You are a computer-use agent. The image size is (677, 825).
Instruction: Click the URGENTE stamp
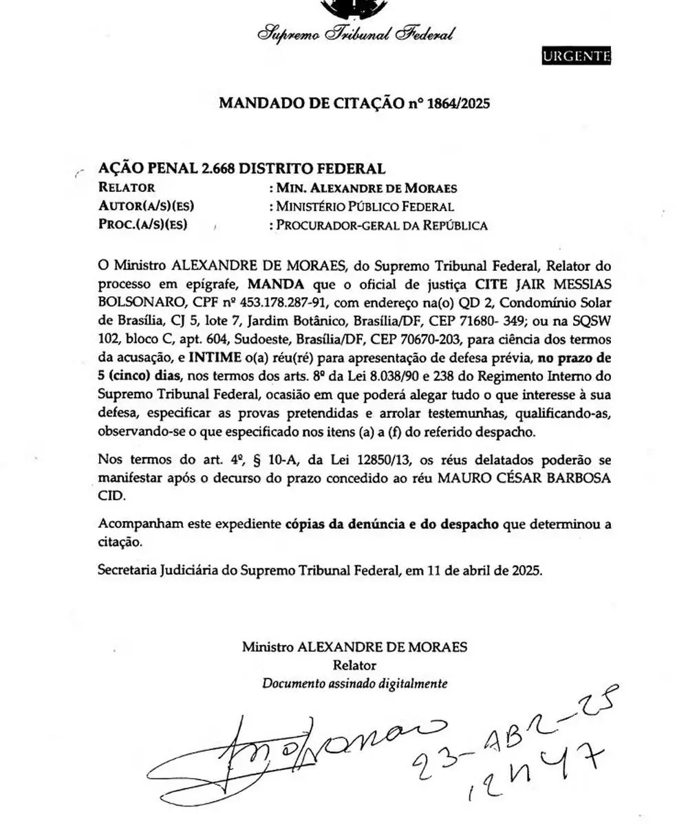click(x=576, y=56)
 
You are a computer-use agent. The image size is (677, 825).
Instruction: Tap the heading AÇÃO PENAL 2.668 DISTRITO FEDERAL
click(x=241, y=168)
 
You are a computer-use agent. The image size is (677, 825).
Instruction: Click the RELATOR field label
click(x=127, y=188)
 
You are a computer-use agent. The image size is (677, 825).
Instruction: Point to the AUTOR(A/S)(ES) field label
click(x=147, y=206)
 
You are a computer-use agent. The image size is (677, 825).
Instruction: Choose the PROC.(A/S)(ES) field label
click(x=143, y=225)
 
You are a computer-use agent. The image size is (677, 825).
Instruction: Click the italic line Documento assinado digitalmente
click(x=354, y=683)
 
